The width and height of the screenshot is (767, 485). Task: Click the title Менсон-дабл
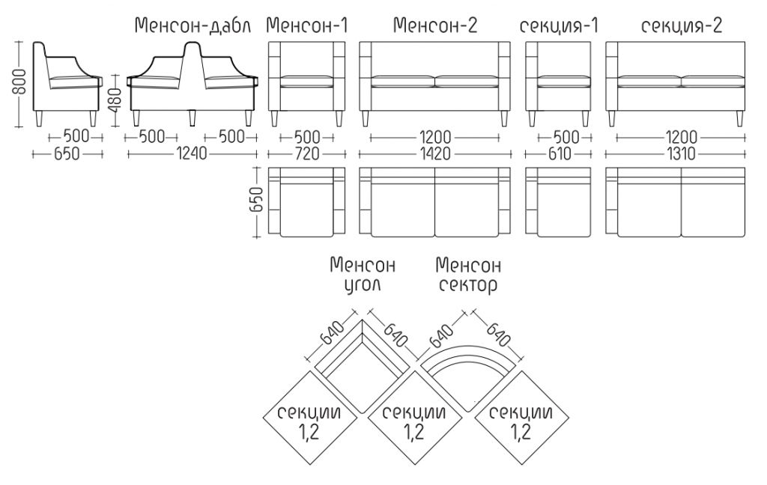(x=192, y=26)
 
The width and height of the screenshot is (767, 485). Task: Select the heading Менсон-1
(x=306, y=25)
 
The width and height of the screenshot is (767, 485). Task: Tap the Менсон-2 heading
(x=435, y=25)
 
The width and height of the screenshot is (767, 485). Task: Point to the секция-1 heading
(x=559, y=26)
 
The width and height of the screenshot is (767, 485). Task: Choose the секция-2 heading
(x=682, y=26)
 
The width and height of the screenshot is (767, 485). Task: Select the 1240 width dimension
(x=192, y=154)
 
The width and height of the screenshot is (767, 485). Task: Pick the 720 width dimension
(x=306, y=154)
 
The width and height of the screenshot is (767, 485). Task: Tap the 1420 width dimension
(x=435, y=154)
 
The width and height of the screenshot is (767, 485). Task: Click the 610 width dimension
(x=559, y=154)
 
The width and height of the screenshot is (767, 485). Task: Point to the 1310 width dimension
(x=681, y=154)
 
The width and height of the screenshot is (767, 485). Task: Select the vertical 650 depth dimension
(x=258, y=199)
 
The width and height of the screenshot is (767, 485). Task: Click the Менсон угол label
(x=363, y=275)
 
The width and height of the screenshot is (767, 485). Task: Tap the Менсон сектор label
(x=468, y=275)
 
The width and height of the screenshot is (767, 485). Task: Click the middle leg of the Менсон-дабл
(x=192, y=118)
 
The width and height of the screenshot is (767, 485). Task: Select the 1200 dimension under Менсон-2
(x=435, y=138)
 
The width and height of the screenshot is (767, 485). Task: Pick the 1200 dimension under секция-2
(x=681, y=138)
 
